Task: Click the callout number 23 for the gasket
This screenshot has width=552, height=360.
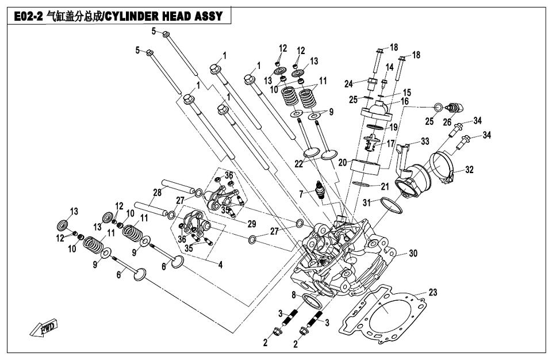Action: pos(432,292)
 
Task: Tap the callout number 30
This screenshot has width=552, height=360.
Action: pos(413,254)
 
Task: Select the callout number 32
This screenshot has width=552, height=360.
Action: pos(469,170)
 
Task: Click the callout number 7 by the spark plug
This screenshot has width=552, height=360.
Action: pos(300,194)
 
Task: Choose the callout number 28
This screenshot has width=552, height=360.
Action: pos(157,192)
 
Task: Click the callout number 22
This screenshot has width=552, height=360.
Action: pos(298,164)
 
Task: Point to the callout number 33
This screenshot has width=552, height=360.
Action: pos(425,141)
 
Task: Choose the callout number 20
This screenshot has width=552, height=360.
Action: pos(342,163)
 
